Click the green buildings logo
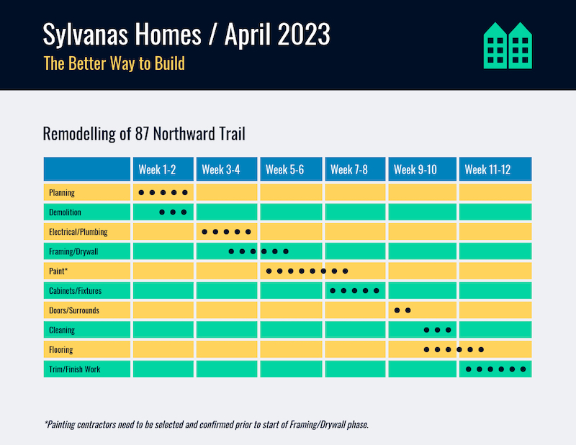(x=508, y=45)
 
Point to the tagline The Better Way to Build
(x=114, y=63)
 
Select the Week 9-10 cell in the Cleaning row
(x=423, y=330)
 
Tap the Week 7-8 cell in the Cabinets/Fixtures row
(x=356, y=291)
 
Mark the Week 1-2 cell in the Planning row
(x=163, y=193)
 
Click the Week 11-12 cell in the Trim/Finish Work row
(x=495, y=369)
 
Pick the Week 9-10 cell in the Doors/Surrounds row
(x=423, y=310)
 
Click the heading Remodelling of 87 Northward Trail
(x=145, y=134)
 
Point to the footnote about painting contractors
(x=207, y=424)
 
